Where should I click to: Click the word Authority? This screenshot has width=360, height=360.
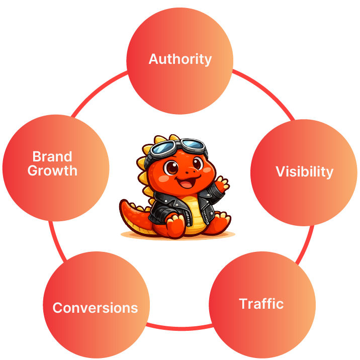[180, 59]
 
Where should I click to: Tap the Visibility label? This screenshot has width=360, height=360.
[304, 172]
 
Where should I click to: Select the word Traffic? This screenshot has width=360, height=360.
[261, 304]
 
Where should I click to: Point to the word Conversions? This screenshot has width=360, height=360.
[95, 308]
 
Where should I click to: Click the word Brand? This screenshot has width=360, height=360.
[52, 156]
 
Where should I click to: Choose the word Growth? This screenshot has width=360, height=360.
[52, 170]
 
